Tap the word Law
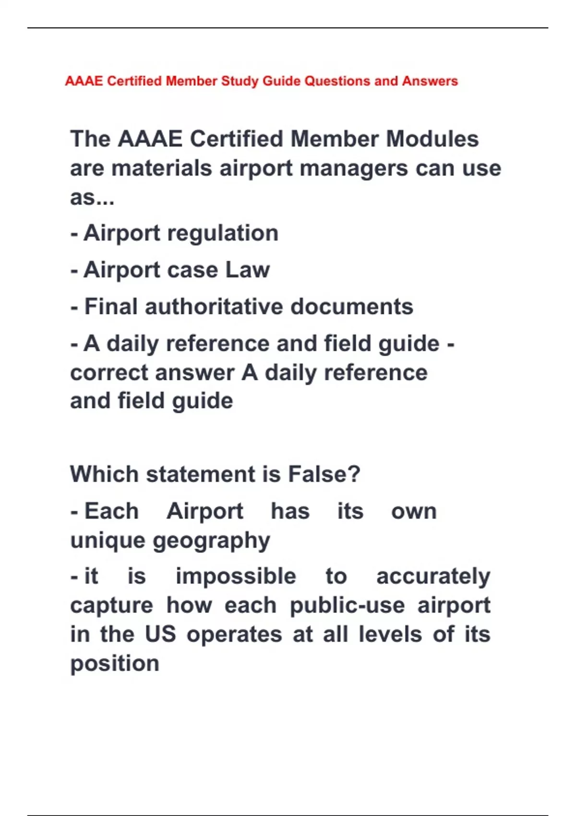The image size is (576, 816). [x=247, y=270]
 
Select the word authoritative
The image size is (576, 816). [x=214, y=307]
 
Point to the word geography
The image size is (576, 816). [x=211, y=541]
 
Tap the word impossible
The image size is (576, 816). [x=236, y=576]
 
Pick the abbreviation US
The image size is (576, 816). [x=160, y=635]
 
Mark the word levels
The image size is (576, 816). [x=390, y=635]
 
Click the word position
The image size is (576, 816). [x=115, y=664]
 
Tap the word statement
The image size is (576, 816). [x=201, y=474]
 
